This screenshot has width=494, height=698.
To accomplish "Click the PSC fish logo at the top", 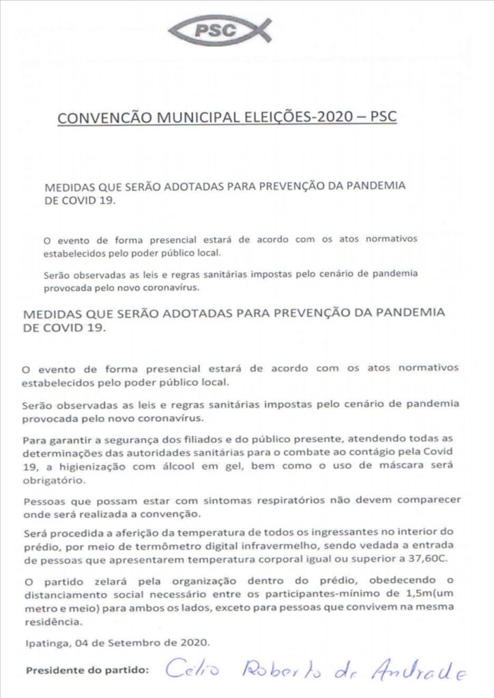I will click(x=220, y=30).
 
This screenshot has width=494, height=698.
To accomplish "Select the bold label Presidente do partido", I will click(x=87, y=670).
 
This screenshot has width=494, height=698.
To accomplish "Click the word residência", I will click(x=48, y=623).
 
